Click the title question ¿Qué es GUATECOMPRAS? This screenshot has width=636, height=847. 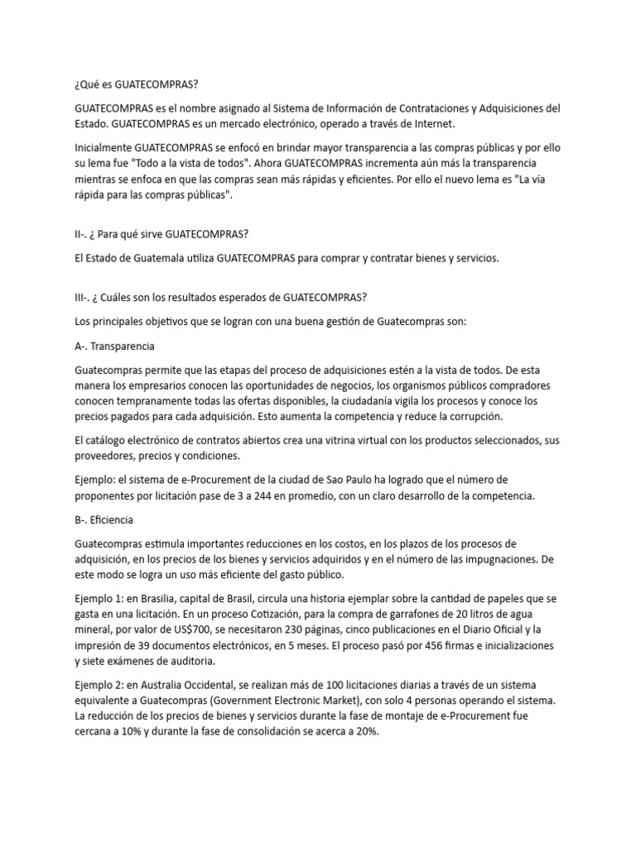(x=137, y=84)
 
